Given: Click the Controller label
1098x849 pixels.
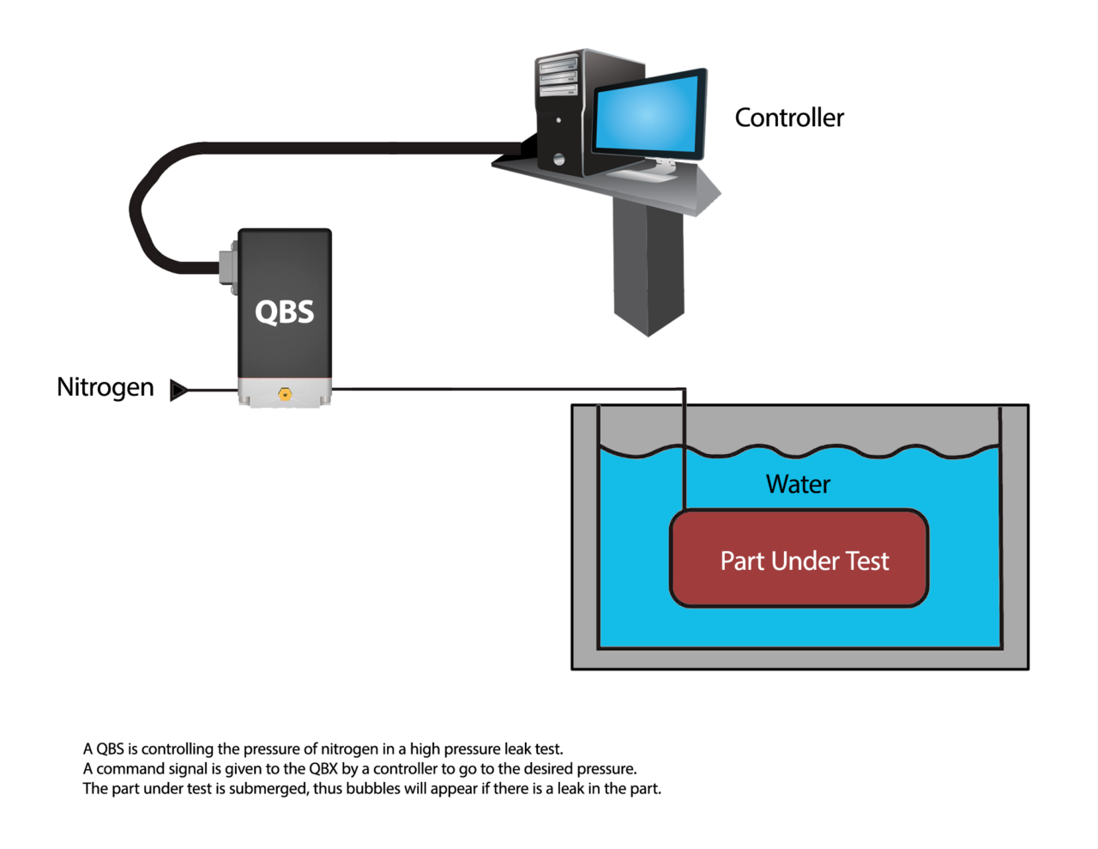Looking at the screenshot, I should coord(789,118).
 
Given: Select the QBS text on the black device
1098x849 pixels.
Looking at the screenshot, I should coord(285,312).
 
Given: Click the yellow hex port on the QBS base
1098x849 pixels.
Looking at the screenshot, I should coord(285,394).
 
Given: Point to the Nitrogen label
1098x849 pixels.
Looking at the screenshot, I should coord(106,387).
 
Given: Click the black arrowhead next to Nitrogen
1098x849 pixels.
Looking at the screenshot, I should coord(178,391).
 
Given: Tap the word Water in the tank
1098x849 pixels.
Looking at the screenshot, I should coord(798,484).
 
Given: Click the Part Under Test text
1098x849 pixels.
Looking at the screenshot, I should coord(804,561).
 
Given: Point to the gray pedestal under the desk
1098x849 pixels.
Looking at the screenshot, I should coord(649,266).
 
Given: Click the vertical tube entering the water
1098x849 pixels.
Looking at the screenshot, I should coord(685,455).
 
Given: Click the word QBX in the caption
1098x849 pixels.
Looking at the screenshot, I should coord(323,768).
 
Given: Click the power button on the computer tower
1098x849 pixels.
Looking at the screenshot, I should coord(559,159).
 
